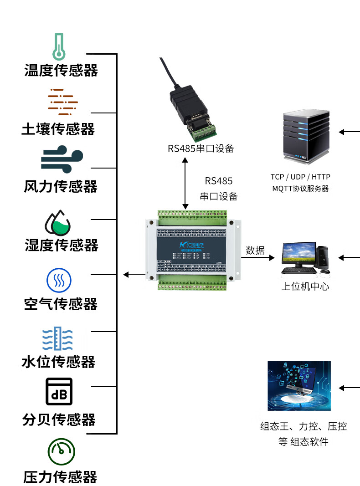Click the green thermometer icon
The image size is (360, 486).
(58, 46)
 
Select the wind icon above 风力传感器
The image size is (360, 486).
(62, 160)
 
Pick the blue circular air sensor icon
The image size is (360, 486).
(59, 280)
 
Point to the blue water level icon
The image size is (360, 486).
(58, 338)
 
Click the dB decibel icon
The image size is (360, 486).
(59, 392)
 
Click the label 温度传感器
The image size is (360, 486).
(61, 71)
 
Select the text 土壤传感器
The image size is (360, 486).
(58, 129)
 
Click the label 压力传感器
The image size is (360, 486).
(61, 477)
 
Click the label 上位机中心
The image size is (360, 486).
(305, 287)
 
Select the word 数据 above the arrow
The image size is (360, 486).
(255, 250)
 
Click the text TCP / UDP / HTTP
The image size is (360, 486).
(300, 177)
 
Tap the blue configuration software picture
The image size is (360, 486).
(299, 386)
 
